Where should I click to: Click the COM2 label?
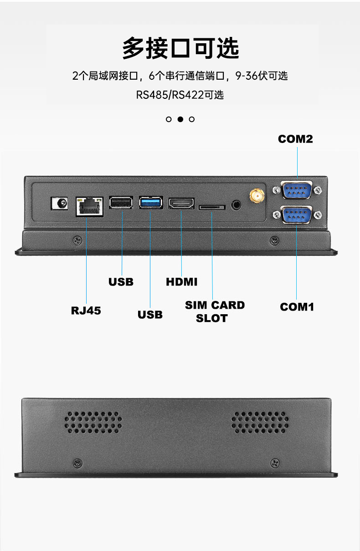tap(295, 139)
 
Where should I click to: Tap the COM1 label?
tap(297, 307)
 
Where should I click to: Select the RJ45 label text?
tap(86, 311)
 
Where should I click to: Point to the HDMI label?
tap(182, 282)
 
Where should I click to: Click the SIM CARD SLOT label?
tap(215, 311)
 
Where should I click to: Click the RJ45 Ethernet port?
tap(89, 207)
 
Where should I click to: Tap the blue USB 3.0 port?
tap(151, 203)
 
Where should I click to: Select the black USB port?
tap(121, 203)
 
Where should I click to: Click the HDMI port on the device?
tap(181, 204)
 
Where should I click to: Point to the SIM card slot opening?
tap(212, 207)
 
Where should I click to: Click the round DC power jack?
tap(59, 203)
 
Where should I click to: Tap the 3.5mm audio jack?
tap(236, 204)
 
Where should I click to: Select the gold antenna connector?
tap(257, 196)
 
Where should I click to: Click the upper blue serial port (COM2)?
tap(297, 190)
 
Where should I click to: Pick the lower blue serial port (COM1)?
tap(297, 215)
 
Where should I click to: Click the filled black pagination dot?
tap(180, 119)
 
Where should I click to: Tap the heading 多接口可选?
tap(180, 48)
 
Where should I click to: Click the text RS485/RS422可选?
tap(180, 95)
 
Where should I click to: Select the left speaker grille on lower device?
tap(93, 422)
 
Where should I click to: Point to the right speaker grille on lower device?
tap(260, 422)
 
